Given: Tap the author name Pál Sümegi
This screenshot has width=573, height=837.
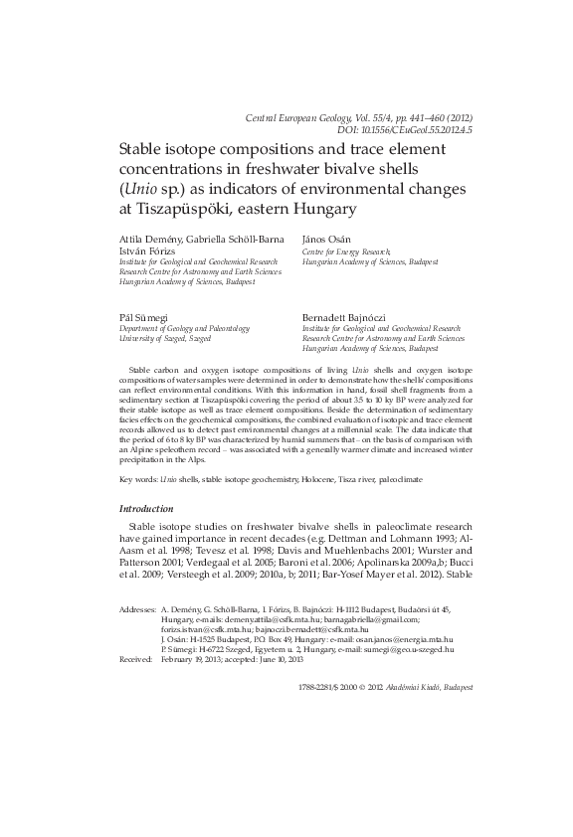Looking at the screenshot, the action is click(x=143, y=315).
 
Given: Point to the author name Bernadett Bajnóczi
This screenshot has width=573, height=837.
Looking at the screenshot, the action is click(x=346, y=315).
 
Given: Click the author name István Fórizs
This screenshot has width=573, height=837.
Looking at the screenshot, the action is click(x=148, y=252).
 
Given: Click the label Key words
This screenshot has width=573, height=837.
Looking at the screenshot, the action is click(x=138, y=479).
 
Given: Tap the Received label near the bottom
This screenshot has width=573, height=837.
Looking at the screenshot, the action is click(x=135, y=659).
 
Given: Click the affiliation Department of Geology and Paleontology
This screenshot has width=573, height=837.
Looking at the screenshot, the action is click(x=184, y=327).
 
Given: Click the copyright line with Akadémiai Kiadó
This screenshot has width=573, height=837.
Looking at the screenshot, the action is click(x=386, y=687).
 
